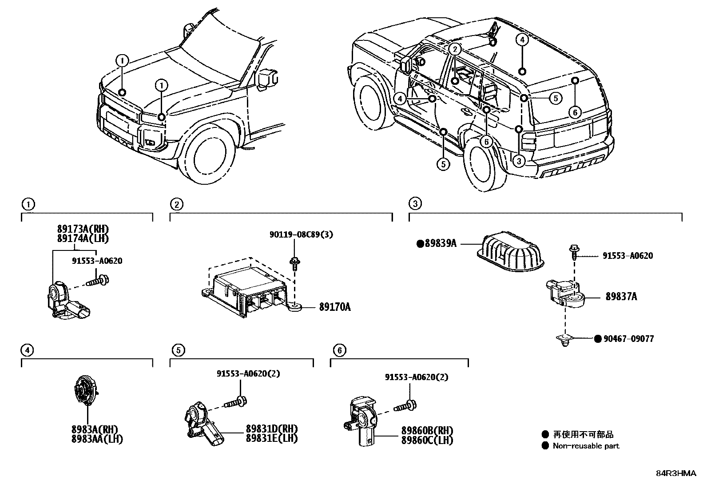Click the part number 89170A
334,307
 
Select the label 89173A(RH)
83,230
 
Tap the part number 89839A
440,243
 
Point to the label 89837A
621,296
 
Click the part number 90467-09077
628,339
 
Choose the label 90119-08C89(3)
301,234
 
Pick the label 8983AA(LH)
97,439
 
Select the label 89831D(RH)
271,429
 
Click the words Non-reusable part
586,446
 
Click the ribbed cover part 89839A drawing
511,251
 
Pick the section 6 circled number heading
339,350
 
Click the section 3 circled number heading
415,204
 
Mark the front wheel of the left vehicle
209,155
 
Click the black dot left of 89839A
420,243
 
